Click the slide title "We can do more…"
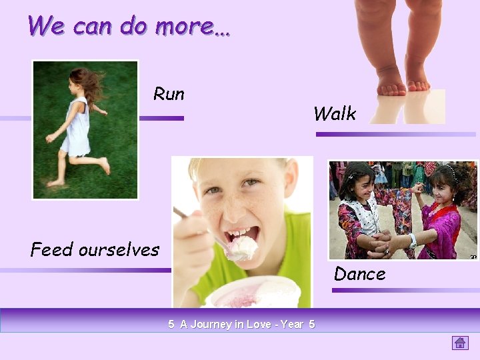(x=129, y=26)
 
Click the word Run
(x=169, y=94)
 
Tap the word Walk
(x=335, y=114)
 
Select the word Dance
(x=359, y=274)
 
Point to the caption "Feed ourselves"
(x=95, y=250)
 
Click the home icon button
(x=460, y=343)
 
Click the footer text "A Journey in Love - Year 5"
(x=241, y=325)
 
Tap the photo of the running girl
(x=85, y=130)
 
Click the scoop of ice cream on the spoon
(x=242, y=248)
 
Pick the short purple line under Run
(x=161, y=118)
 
